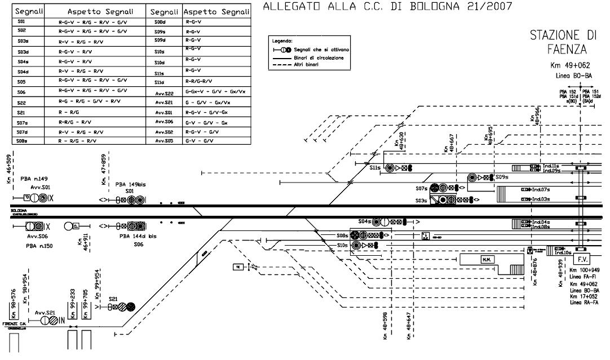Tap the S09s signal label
[x=502, y=177]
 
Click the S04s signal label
[x=365, y=221]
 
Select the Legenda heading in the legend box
[x=282, y=42]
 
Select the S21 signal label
[x=113, y=299]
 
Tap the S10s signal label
[x=343, y=246]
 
